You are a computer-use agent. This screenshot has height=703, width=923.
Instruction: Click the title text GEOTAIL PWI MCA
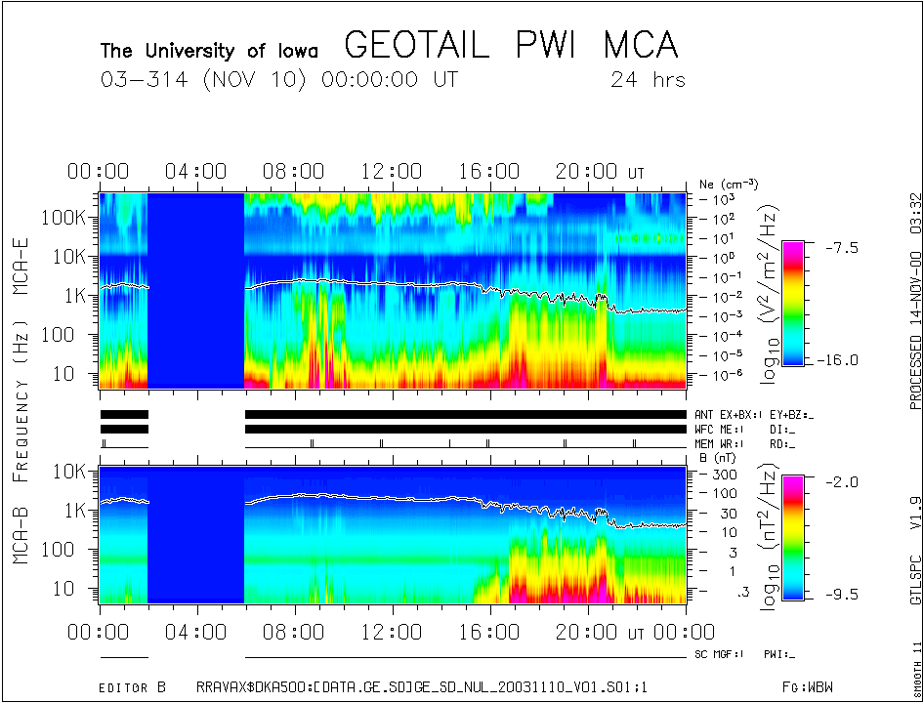click(511, 46)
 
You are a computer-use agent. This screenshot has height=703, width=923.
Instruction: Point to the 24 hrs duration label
click(648, 80)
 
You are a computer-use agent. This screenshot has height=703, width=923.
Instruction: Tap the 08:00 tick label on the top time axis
click(293, 172)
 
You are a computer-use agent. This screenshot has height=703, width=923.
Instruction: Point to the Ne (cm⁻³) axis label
click(729, 184)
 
